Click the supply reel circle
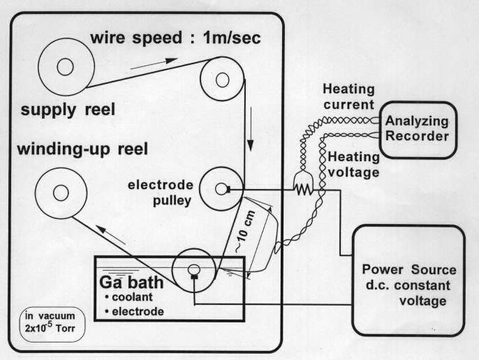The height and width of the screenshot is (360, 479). [65, 67]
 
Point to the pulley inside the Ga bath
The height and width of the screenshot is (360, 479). [193, 270]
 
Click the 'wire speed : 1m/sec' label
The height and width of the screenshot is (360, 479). [176, 38]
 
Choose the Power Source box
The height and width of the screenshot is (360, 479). [409, 279]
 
